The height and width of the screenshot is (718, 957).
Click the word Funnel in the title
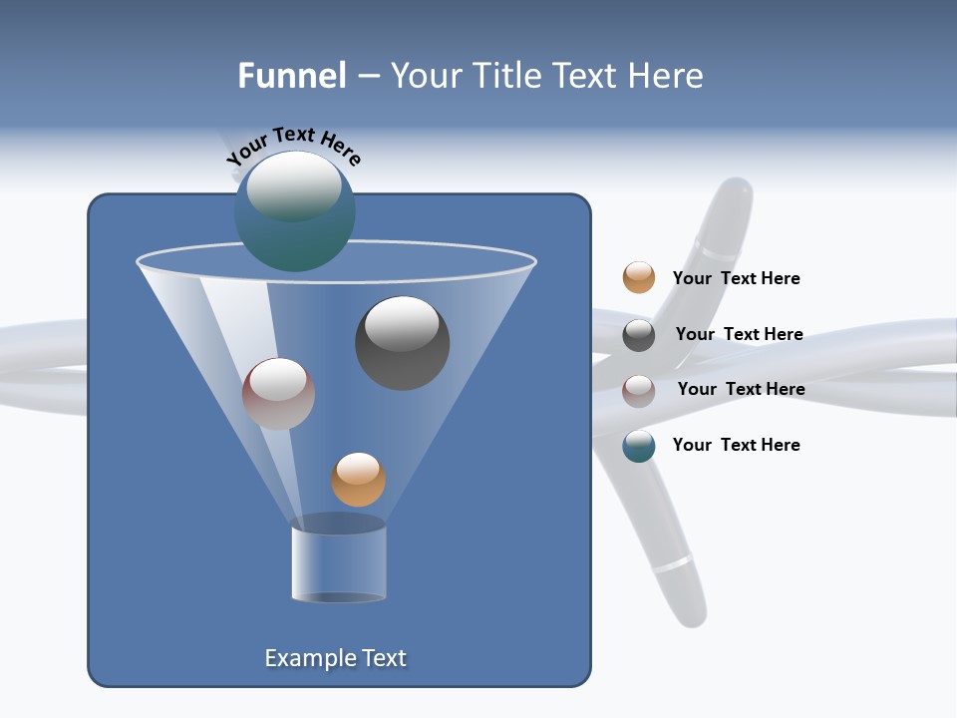tap(291, 76)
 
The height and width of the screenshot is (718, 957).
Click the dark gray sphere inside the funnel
tap(403, 344)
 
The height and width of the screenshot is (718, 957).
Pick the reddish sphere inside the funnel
tap(278, 394)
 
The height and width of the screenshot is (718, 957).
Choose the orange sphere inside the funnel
tap(358, 480)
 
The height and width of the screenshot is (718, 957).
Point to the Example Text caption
tap(335, 658)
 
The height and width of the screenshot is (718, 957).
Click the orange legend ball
tap(639, 278)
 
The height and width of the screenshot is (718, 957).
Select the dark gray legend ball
tap(639, 335)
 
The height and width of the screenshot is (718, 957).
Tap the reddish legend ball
tap(639, 390)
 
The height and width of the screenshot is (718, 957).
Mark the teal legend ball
tap(639, 446)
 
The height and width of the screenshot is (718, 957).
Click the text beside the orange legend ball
tap(736, 279)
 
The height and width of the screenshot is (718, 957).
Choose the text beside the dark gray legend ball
tap(739, 335)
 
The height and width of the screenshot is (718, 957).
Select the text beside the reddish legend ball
tap(741, 390)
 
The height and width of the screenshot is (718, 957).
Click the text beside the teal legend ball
tap(736, 446)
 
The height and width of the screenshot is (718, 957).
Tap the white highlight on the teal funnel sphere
tap(293, 186)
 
